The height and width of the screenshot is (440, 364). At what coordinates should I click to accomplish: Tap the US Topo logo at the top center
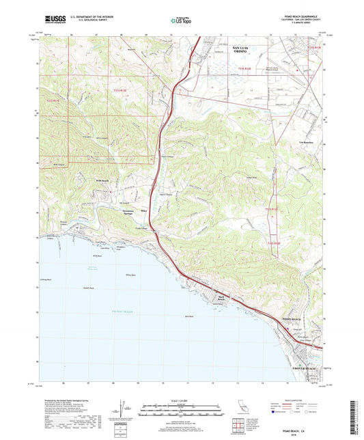click(180, 21)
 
